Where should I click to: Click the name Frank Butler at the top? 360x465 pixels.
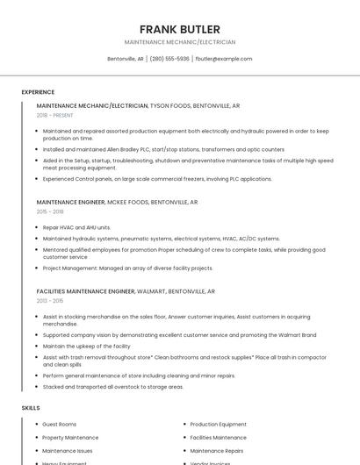180,29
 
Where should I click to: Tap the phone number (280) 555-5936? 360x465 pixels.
169,59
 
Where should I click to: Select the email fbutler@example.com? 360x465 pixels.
224,59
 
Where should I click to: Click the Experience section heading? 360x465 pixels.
38,92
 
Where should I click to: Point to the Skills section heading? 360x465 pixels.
31,408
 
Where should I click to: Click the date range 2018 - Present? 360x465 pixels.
55,115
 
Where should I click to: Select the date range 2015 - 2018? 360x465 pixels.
50,211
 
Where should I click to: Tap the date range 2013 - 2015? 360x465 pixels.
50,300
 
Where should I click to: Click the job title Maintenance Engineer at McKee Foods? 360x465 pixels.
70,202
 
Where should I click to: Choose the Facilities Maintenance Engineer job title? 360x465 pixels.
86,290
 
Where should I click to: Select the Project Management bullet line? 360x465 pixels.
127,268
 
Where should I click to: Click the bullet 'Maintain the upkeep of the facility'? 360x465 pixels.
86,346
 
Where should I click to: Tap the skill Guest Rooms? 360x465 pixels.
60,425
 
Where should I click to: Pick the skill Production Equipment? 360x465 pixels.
219,425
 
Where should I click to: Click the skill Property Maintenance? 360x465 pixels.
70,437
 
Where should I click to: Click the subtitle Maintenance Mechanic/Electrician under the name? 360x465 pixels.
180,42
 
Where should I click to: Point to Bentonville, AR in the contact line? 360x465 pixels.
126,59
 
